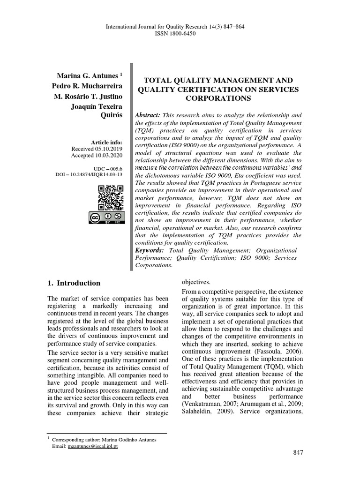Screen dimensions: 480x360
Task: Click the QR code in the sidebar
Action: (x=111, y=198)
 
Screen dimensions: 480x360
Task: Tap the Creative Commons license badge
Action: (x=107, y=218)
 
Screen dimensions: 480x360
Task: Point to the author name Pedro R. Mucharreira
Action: (x=90, y=86)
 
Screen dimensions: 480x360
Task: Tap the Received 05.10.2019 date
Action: (x=97, y=149)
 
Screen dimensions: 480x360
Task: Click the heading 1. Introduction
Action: (x=74, y=283)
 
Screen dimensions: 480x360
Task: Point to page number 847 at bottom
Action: (x=298, y=452)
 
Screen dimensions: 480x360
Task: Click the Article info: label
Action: (x=107, y=142)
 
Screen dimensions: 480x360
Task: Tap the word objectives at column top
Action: (x=196, y=282)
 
